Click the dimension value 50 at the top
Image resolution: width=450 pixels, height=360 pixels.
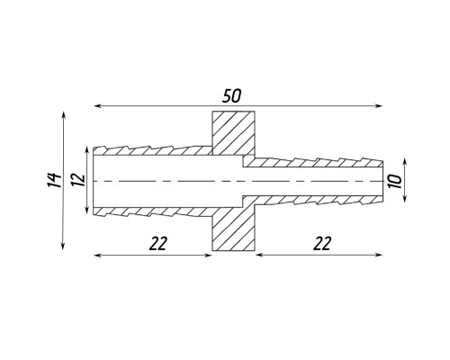tap(231, 96)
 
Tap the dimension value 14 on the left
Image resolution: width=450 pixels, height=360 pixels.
tap(55, 180)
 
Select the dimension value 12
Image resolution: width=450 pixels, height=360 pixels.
tap(78, 179)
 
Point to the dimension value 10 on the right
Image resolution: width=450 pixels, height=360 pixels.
tap(395, 182)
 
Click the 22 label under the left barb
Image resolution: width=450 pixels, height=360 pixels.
tap(157, 243)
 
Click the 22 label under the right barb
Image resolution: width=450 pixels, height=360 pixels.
tap(322, 243)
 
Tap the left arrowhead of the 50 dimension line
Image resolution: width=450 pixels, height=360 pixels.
tap(97, 106)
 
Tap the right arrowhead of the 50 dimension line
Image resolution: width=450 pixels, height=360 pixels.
tap(379, 106)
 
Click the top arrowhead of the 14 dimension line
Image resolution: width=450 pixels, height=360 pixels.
tap(63, 115)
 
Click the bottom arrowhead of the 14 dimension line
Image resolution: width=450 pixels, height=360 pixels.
tap(63, 246)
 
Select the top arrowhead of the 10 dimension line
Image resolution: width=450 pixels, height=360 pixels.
tap(405, 162)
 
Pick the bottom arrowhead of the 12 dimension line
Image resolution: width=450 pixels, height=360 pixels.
tap(87, 210)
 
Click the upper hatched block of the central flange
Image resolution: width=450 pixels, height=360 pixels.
tap(234, 133)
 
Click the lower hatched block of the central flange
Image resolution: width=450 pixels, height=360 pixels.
tap(234, 229)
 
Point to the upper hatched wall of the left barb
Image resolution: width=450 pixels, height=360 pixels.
tap(153, 151)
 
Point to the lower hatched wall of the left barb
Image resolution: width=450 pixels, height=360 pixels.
tap(153, 211)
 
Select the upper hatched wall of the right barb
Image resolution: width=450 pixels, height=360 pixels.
tap(312, 163)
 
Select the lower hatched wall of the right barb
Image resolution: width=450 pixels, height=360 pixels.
tap(312, 200)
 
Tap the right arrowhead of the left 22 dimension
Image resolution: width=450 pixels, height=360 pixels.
tap(209, 255)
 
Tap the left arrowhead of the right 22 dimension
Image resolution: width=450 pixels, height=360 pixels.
tap(259, 255)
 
